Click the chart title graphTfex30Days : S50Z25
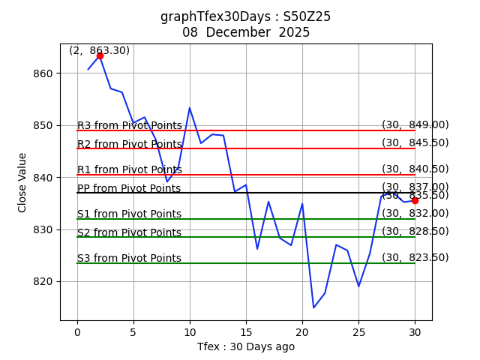[245, 16]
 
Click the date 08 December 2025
[245, 32]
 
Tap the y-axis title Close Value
[22, 182]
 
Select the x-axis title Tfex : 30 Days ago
[246, 346]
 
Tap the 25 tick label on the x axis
[358, 332]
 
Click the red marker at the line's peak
[100, 56]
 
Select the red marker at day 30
[415, 200]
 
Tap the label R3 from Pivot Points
[129, 125]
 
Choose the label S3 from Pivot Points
[129, 258]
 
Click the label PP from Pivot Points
[129, 188]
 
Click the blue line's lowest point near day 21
[313, 307]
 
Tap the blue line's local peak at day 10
[190, 108]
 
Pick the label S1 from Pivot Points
[129, 214]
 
